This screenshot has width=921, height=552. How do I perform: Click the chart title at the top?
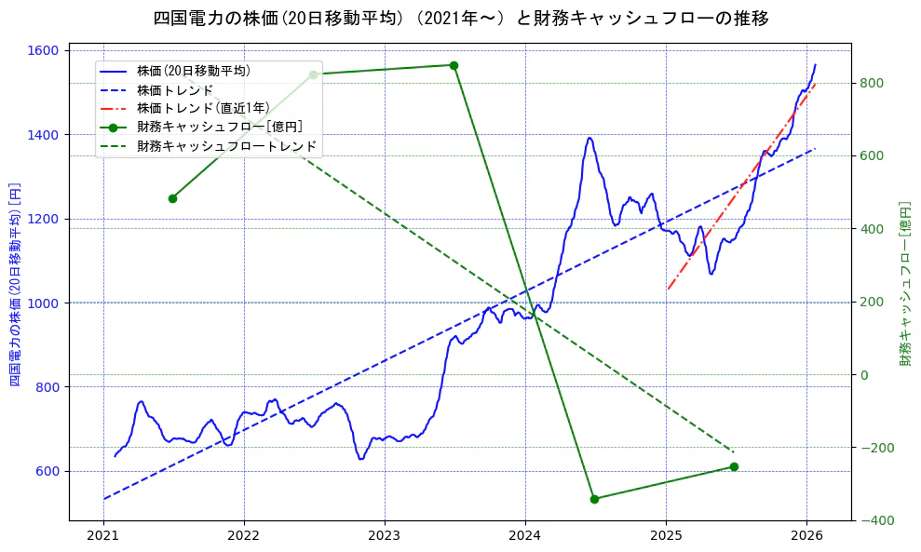coord(460,18)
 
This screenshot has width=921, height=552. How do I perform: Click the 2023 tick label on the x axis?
coord(385,536)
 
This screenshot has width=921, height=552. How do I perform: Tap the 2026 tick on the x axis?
coord(806,536)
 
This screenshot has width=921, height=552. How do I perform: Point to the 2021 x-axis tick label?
coord(103,536)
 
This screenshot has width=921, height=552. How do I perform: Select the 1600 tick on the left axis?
coord(48,50)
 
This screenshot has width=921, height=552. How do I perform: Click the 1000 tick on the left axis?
coord(48,303)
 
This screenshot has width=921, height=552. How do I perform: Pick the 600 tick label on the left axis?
coord(51,471)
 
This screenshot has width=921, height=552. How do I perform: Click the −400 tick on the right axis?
coord(874,520)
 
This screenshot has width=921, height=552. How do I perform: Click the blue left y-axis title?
coord(15,284)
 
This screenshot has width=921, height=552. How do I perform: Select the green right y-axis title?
coord(905,284)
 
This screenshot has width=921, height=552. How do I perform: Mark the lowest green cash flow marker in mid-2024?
coord(594,499)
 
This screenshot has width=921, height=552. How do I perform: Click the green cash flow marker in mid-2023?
coord(454,65)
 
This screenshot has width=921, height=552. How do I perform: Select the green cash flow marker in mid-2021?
coord(172,198)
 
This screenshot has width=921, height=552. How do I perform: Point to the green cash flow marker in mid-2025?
coord(734,466)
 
